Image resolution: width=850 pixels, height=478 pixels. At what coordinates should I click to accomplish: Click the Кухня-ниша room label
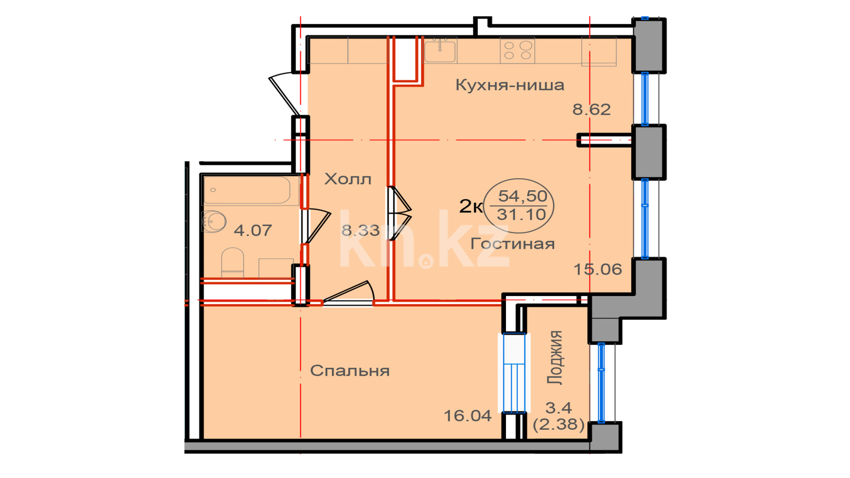coord(510,85)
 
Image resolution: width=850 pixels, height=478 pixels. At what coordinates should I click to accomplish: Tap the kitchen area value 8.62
coord(591,109)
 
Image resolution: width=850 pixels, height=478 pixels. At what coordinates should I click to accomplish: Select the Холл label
coord(348,179)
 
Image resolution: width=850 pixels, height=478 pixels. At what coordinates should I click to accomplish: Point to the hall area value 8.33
coord(360,230)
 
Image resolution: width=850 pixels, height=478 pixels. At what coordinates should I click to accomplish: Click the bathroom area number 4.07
coord(253,230)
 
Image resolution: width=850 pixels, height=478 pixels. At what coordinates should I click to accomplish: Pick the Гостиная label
coord(513,243)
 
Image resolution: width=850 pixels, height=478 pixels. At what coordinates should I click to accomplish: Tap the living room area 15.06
coord(598,269)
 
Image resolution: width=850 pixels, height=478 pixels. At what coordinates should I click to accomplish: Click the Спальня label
coord(350,370)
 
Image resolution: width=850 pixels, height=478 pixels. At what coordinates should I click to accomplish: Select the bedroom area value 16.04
coord(467,416)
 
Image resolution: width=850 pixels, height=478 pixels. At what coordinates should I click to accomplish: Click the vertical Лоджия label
coord(555,357)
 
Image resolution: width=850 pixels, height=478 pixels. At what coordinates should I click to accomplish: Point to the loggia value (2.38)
coord(559,424)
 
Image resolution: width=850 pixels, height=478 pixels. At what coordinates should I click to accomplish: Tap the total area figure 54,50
coord(523,196)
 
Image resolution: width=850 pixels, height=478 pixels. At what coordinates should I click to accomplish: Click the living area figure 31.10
coord(522,215)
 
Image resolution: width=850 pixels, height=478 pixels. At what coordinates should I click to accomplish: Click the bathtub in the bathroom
coord(247,190)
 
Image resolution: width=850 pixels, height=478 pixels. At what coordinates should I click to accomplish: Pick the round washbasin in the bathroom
coord(215,221)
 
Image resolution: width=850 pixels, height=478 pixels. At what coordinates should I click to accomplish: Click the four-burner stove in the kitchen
coord(518,50)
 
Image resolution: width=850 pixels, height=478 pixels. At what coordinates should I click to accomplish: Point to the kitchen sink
coord(440,50)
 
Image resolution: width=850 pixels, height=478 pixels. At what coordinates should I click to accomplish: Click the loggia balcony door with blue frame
coord(514,373)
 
